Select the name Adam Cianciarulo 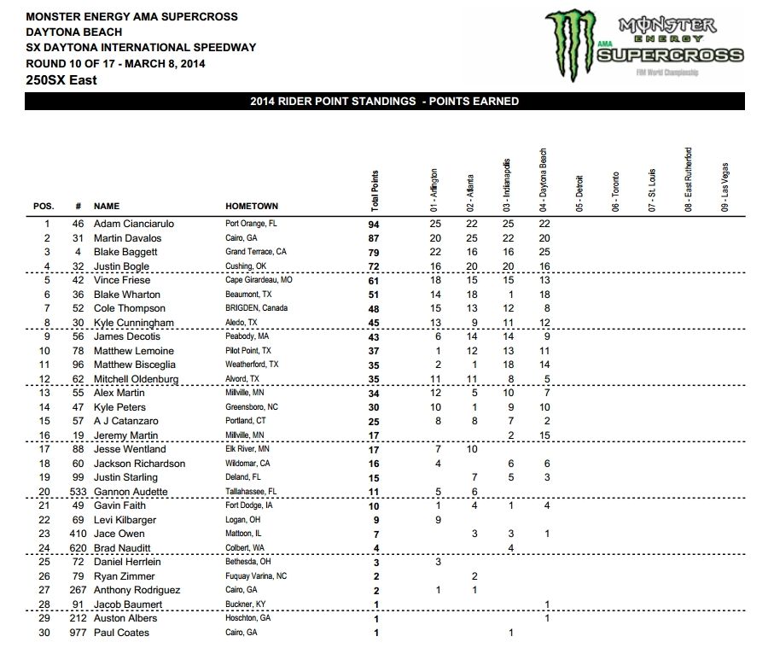pyautogui.click(x=133, y=223)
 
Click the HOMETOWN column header pyautogui.click(x=251, y=206)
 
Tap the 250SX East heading pyautogui.click(x=61, y=80)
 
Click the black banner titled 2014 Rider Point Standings pyautogui.click(x=384, y=102)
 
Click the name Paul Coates pyautogui.click(x=121, y=633)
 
